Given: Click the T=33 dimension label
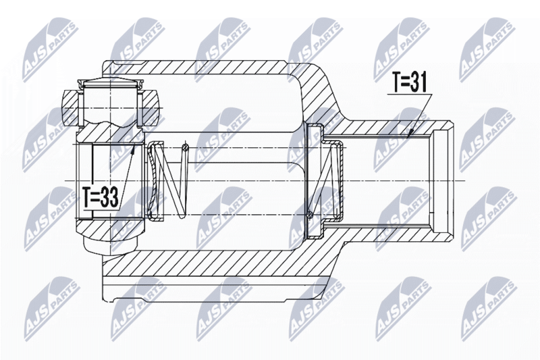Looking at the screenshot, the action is (x=101, y=197).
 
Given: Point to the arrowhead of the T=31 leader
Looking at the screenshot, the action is (x=410, y=134).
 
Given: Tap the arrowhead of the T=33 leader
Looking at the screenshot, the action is (x=134, y=149).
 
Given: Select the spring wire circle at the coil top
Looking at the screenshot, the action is (x=185, y=148).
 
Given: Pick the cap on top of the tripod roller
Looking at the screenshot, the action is (x=110, y=83).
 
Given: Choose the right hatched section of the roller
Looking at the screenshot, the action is (x=150, y=107).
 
